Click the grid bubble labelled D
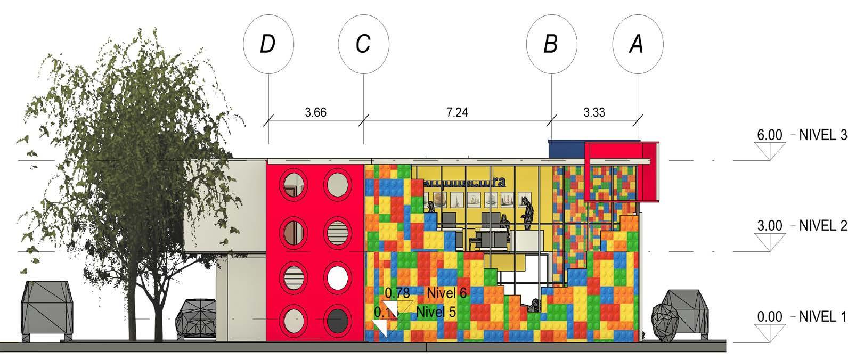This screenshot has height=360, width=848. coord(268,44)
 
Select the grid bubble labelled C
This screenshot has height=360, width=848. coord(364,44)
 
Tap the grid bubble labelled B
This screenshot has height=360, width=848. coord(551,44)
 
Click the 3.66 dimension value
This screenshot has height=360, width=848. coord(316,113)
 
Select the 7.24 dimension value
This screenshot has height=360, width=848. coord(456,113)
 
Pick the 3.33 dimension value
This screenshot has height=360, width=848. coord(594,113)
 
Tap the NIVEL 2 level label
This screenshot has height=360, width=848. coord(823,226)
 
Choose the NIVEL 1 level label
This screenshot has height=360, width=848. coord(823,317)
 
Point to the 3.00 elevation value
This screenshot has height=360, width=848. coord(770,226)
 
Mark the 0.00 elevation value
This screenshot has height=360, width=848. coord(770,317)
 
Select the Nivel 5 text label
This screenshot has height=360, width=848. coord(436,312)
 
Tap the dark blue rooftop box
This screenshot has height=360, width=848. coord(566,149)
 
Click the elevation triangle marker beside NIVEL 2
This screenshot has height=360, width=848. coord(770,241)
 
